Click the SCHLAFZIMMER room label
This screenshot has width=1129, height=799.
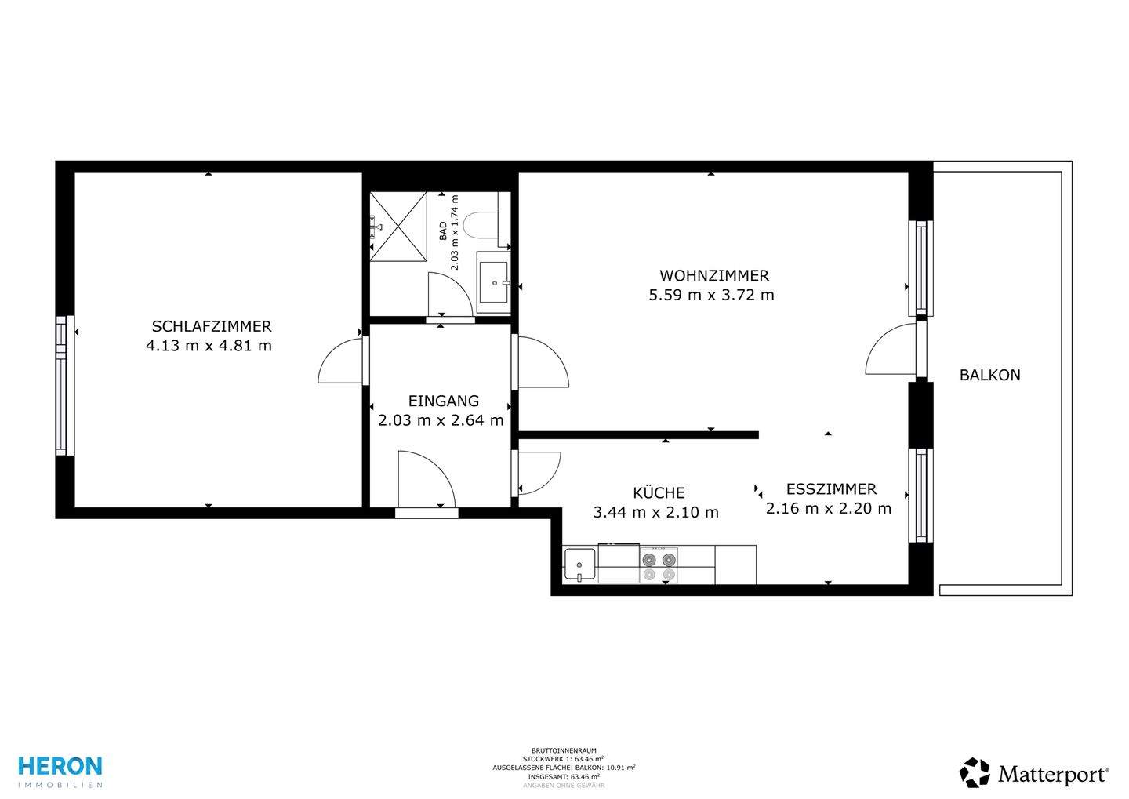click(212, 327)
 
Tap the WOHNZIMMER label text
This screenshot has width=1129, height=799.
click(714, 276)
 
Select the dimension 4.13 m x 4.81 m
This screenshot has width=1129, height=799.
click(209, 346)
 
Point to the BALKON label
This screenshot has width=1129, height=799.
click(990, 375)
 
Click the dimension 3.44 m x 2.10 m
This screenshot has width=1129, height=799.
click(655, 512)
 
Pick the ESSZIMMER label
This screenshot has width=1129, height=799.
click(831, 489)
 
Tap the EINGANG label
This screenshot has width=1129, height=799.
click(444, 401)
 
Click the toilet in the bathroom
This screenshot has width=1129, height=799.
click(479, 226)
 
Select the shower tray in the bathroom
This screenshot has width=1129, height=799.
click(398, 227)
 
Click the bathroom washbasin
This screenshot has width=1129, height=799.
click(493, 282)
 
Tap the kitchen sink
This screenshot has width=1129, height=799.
click(579, 564)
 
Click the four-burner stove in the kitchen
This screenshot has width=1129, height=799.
click(659, 566)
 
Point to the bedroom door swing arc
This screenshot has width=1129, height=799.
click(332, 353)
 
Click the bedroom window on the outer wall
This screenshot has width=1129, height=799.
click(66, 386)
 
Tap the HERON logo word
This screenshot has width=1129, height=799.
click(60, 766)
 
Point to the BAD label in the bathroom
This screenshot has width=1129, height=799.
click(443, 231)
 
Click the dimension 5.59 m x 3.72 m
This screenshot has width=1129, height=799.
click(711, 295)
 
